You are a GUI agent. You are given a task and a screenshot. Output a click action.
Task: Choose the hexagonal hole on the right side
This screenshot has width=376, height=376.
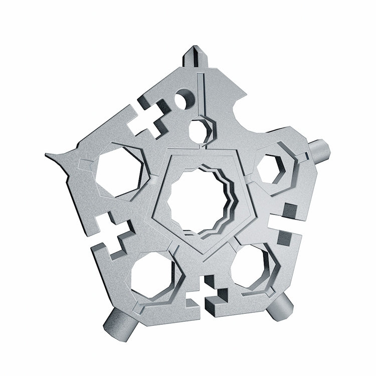(x=270, y=168)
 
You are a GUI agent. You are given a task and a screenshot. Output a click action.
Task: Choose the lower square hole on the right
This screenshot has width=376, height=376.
(x=284, y=237)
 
